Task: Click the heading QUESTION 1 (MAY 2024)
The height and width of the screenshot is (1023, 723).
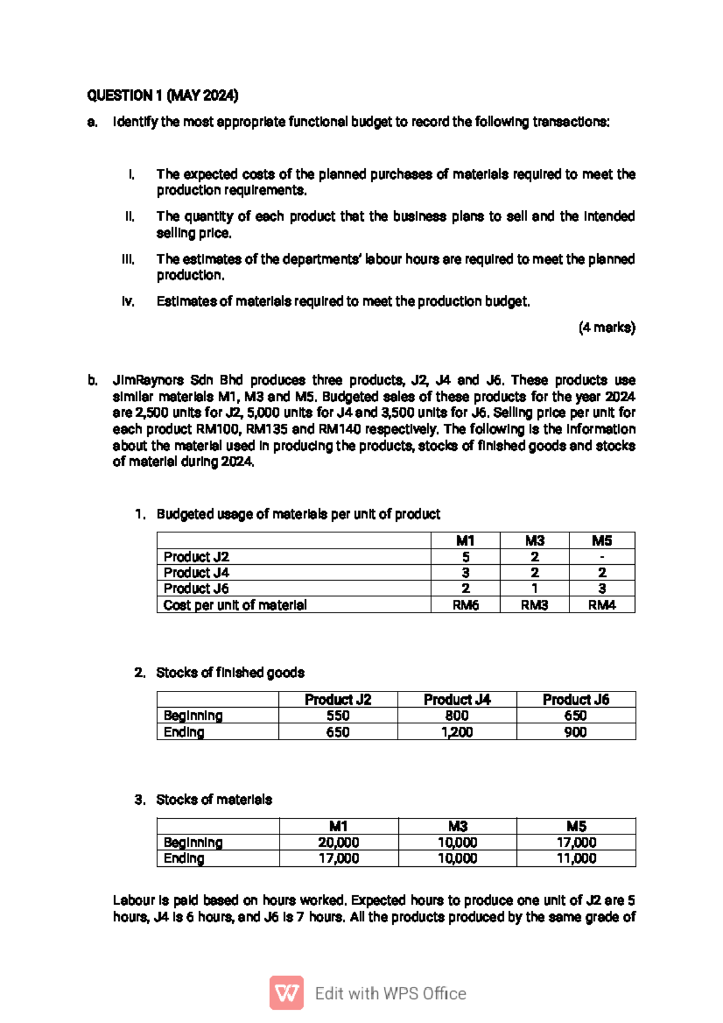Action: (x=163, y=95)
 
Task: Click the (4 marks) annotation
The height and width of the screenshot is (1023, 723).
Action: (x=607, y=328)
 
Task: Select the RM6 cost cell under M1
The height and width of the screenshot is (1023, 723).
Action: (x=465, y=605)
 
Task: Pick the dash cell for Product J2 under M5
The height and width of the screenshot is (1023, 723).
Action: (x=602, y=557)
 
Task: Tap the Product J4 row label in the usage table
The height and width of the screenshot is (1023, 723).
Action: (x=196, y=573)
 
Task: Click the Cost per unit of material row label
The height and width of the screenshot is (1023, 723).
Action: (x=235, y=605)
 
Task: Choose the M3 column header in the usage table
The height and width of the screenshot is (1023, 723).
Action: (x=534, y=541)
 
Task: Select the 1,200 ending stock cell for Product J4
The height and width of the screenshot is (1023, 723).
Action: (x=457, y=732)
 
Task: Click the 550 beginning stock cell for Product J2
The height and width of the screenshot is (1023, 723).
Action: (x=337, y=716)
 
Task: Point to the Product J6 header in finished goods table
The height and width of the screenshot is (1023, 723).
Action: (x=575, y=699)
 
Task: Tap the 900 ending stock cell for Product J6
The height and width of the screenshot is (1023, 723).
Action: (x=575, y=732)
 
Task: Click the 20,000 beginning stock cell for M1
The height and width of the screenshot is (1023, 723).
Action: (x=339, y=843)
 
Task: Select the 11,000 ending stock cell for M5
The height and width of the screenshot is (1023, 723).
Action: (x=576, y=858)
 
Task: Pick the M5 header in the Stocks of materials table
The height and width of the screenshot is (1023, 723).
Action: (x=576, y=826)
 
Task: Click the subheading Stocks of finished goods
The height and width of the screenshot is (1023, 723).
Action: (x=230, y=673)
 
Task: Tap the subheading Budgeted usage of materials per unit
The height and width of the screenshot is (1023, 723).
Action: (x=298, y=514)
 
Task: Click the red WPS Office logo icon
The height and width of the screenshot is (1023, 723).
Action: (x=286, y=993)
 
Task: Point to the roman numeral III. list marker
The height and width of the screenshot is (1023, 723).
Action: (x=128, y=260)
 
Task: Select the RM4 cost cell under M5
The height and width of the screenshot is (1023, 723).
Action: (x=602, y=605)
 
